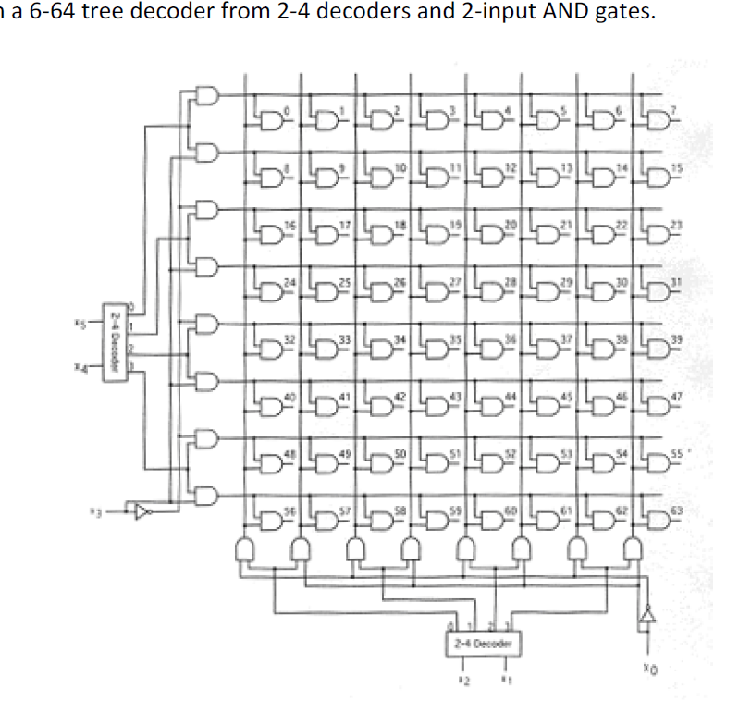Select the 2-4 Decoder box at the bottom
[x=480, y=641]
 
